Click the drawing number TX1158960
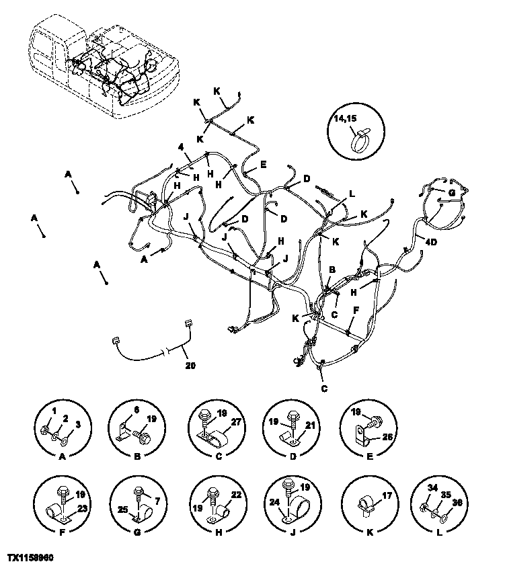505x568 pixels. [31, 558]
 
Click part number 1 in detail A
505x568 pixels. [46, 411]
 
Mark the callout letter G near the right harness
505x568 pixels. [452, 192]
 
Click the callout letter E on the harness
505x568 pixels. [264, 164]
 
